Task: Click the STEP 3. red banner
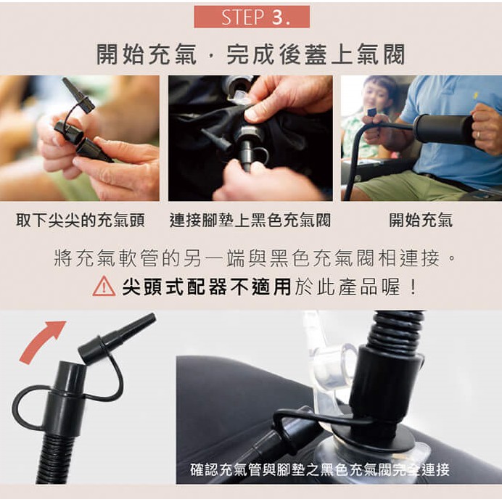(252, 17)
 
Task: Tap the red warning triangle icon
(104, 286)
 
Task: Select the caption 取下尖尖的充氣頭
(81, 221)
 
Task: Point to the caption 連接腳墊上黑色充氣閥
(250, 221)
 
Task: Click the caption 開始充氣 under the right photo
(421, 221)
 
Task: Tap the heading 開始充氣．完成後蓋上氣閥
(251, 54)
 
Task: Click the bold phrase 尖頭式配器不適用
(207, 287)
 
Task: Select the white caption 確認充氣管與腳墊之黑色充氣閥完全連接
(320, 469)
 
